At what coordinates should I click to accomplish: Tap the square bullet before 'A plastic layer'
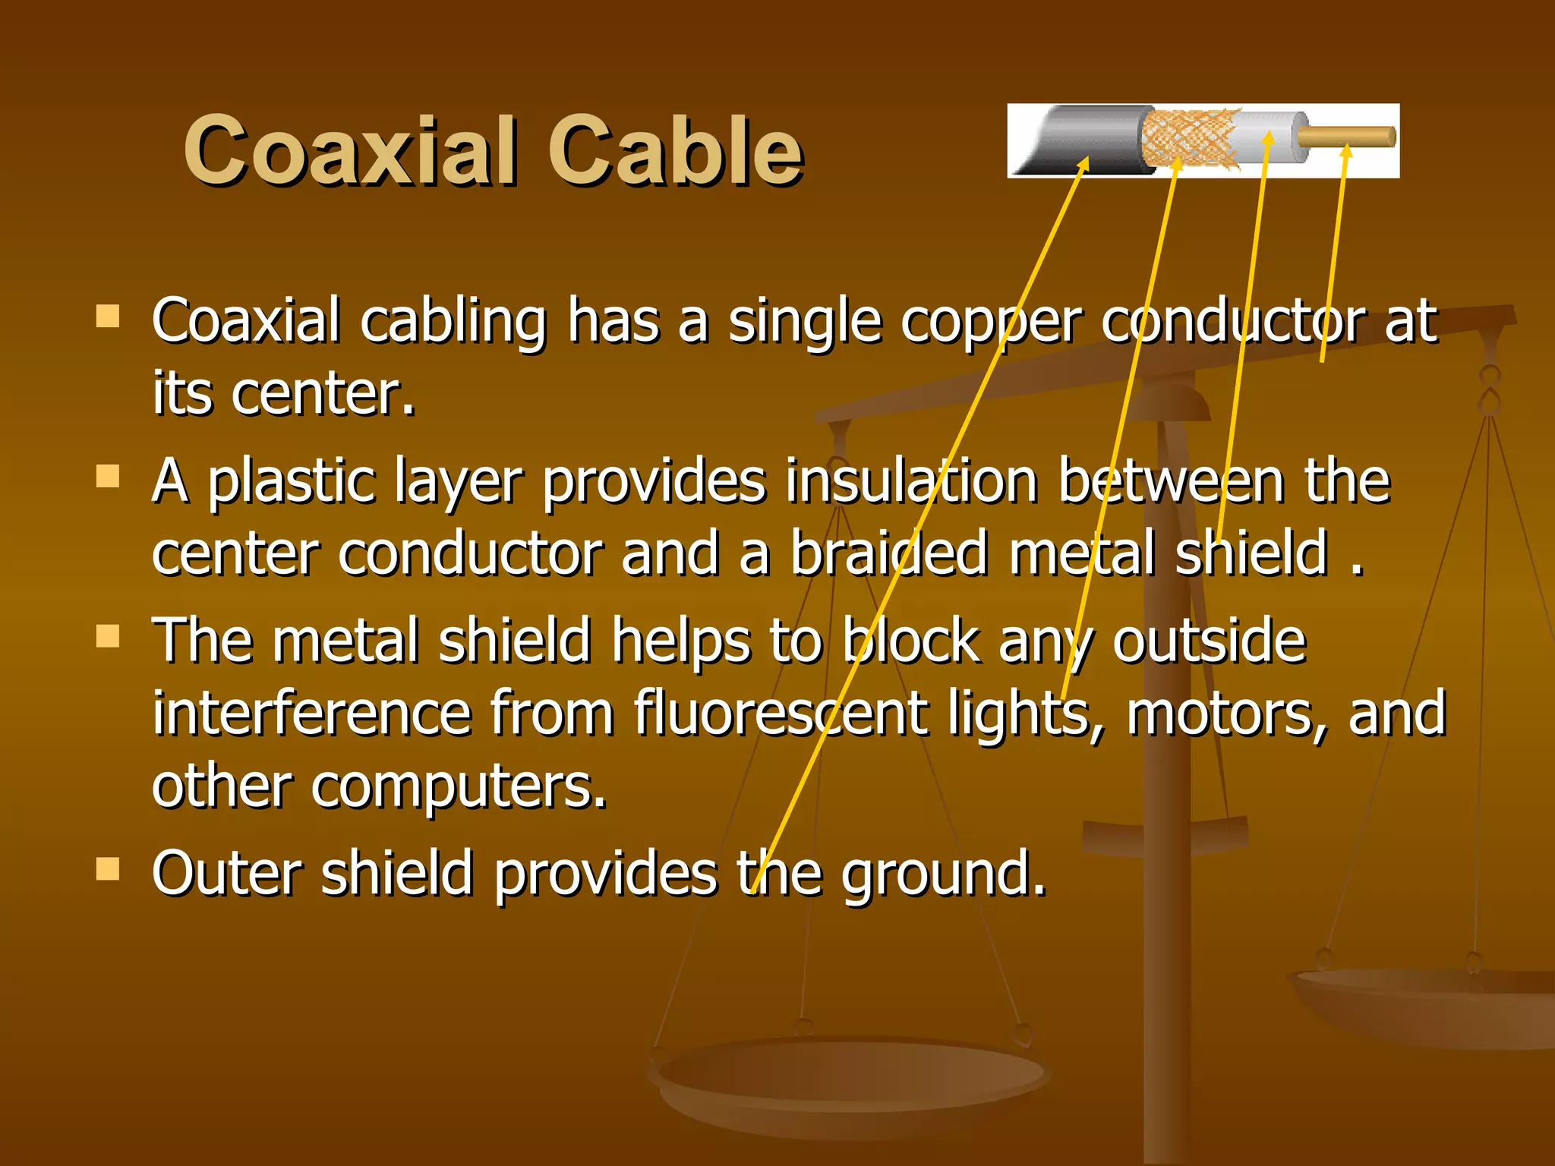(109, 476)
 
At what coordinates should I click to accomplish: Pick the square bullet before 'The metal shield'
(109, 635)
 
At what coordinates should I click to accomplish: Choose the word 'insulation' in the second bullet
(912, 481)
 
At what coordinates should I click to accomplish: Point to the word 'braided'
(889, 553)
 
